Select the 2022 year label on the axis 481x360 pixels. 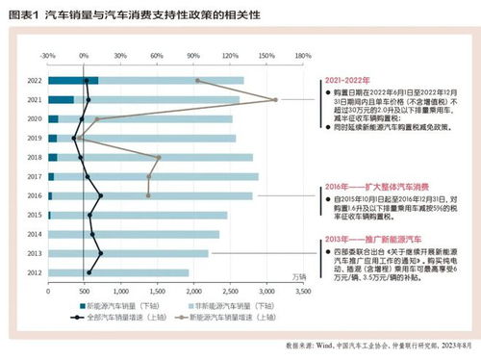point(35,81)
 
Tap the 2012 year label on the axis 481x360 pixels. point(35,272)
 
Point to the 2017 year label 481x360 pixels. point(35,176)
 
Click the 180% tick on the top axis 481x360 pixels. point(301,55)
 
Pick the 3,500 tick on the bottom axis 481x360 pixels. point(303,289)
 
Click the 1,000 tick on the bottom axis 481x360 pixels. point(120,289)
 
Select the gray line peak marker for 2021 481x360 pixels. point(275,100)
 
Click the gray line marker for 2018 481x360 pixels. point(159,157)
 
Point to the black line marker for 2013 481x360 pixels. point(100,253)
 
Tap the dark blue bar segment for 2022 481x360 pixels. point(73,81)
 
